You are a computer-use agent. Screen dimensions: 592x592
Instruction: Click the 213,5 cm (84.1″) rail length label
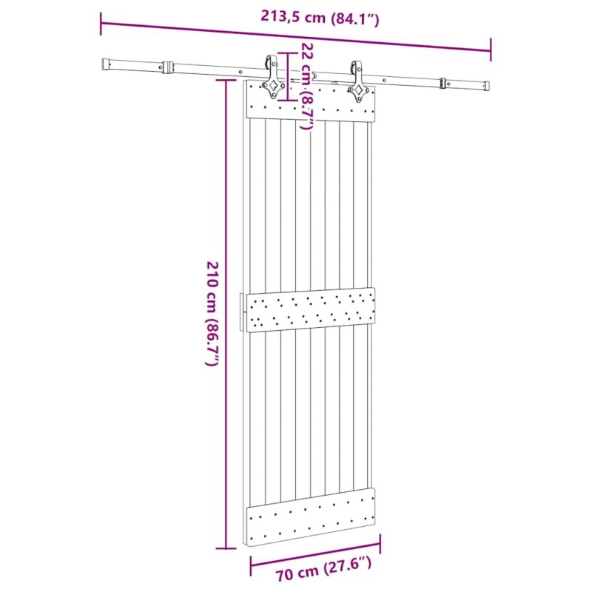[320, 17]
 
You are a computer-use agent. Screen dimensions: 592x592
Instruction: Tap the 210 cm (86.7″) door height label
[212, 313]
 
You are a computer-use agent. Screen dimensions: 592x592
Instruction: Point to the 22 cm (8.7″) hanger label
[308, 86]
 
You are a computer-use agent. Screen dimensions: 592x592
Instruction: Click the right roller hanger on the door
[357, 82]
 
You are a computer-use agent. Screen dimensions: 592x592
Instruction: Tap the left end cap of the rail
[106, 64]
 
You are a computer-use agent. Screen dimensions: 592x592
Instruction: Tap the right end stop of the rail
[487, 85]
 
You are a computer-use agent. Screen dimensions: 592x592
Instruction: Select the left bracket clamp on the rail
[168, 67]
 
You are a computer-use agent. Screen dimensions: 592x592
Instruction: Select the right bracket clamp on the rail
[443, 84]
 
